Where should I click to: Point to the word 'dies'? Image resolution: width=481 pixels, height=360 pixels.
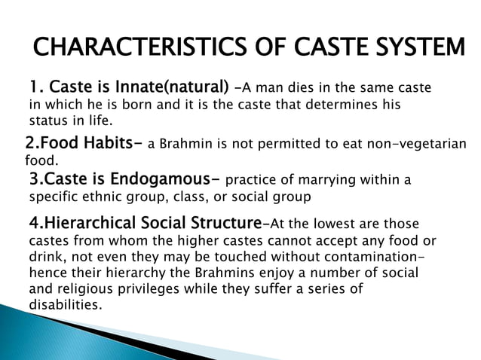point(304,88)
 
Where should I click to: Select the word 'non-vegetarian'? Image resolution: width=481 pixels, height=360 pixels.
point(418,145)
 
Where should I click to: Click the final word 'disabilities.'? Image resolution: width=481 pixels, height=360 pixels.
point(64,305)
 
